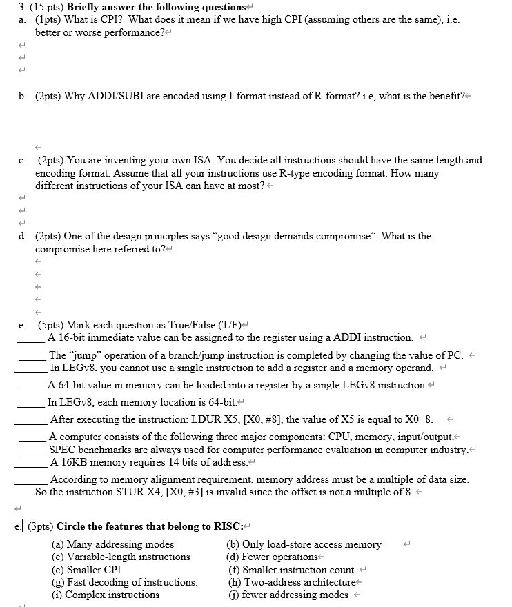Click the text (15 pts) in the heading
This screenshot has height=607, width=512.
click(31, 8)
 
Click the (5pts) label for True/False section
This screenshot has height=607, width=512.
click(51, 324)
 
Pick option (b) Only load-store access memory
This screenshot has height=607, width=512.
click(304, 544)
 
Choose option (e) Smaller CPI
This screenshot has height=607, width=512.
click(86, 570)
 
